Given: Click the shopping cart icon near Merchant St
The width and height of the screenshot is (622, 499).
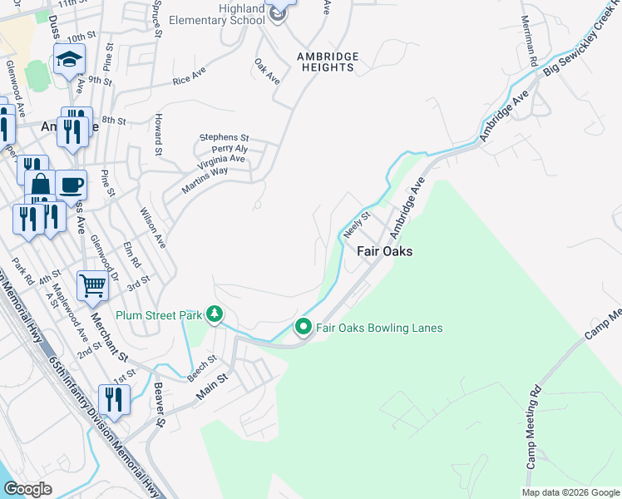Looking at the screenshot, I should [92, 286].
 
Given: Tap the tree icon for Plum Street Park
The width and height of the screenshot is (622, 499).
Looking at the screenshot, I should [215, 314].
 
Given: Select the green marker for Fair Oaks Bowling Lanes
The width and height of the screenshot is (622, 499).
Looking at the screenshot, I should [304, 328].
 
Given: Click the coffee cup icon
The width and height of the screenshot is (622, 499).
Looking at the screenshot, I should [72, 183].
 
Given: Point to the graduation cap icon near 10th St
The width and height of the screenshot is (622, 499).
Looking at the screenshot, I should [69, 59].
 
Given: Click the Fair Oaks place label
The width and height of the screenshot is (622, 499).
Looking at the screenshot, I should [385, 251].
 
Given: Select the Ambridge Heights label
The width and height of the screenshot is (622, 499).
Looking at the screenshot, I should [328, 62].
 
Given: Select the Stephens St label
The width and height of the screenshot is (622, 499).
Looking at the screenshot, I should [223, 137].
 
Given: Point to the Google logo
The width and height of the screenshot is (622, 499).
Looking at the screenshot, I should [28, 489].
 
